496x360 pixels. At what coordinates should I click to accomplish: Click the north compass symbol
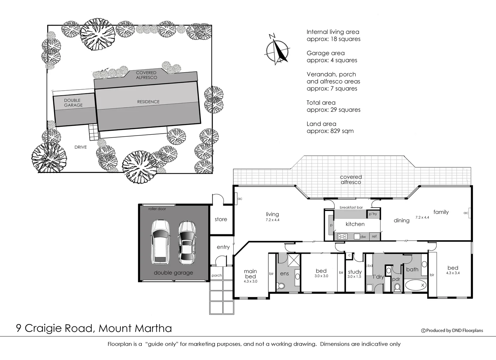pos(277,51)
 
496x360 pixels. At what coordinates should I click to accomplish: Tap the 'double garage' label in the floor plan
pos(173,273)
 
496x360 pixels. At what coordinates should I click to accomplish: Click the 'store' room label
pos(221,219)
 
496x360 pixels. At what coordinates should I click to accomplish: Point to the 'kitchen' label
pos(355,224)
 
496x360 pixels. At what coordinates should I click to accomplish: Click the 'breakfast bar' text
pos(351,207)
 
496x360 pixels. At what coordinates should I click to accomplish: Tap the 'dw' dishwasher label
pos(363,237)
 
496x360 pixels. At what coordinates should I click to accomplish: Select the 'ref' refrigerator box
pos(374,236)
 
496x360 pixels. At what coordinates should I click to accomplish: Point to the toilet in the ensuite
pos(281,286)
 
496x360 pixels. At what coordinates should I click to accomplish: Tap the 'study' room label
pos(355,272)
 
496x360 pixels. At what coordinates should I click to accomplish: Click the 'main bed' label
pos(250,274)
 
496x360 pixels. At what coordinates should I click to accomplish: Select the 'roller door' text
pos(157,209)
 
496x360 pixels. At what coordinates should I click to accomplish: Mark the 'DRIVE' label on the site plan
pos(80,147)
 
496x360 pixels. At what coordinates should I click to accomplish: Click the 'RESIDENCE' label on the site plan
pos(148,102)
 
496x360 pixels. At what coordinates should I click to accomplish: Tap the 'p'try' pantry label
pos(373,214)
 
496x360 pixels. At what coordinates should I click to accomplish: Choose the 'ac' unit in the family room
pos(466,213)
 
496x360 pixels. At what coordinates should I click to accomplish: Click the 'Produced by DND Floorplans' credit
pos(452,330)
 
